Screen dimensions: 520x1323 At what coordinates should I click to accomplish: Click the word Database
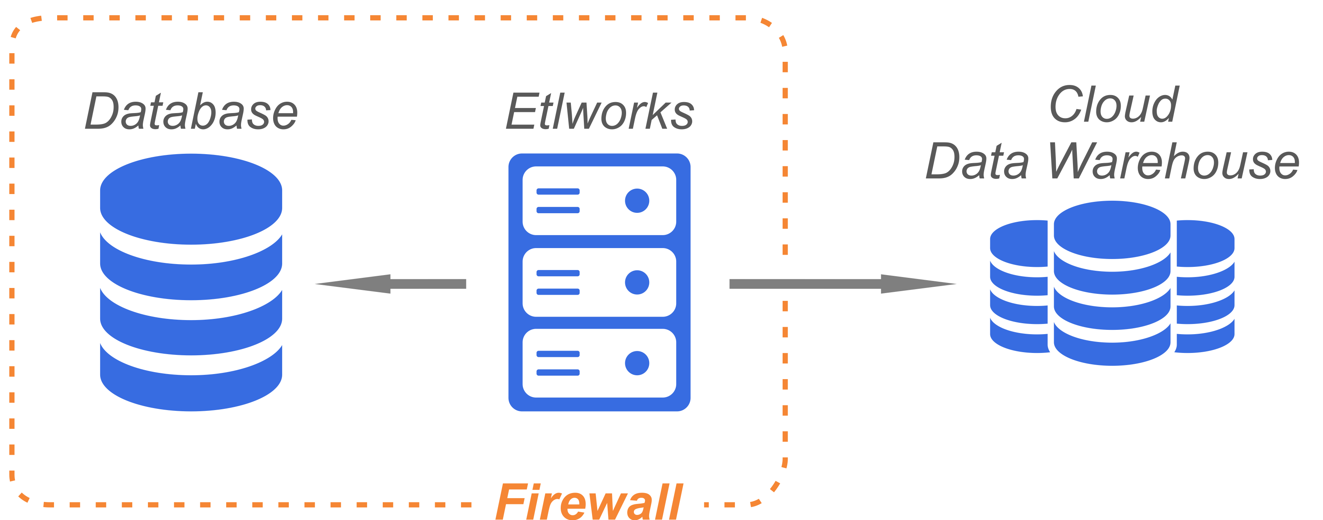point(191,112)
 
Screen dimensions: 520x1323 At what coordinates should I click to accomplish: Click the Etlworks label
point(599,112)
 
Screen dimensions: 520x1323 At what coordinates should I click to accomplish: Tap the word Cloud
point(1114,105)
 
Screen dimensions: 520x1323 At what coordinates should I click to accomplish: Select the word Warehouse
point(1174,161)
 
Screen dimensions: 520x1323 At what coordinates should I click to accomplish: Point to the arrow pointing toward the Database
point(391,284)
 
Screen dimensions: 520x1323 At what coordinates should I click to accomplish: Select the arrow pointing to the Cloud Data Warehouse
point(842,284)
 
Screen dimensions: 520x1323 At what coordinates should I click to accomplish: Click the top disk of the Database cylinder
point(191,199)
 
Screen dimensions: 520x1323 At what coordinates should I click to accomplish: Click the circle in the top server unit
point(637,201)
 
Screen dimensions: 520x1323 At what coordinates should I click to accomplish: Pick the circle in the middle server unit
point(637,282)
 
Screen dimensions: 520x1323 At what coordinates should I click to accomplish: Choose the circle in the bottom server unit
point(637,363)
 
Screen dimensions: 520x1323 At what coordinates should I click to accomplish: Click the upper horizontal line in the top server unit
point(558,191)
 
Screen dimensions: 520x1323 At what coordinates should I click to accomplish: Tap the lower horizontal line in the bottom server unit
point(558,372)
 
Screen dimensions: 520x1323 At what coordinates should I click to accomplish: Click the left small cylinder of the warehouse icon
point(1019,288)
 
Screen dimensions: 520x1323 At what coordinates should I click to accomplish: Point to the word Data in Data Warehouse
point(977,161)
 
